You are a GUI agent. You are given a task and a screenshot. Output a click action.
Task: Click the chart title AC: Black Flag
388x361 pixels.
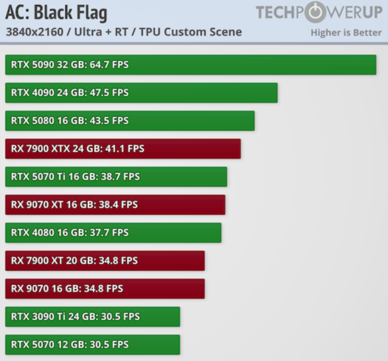pos(56,13)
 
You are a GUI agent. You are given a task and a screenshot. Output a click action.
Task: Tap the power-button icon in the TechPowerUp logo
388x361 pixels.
pos(315,12)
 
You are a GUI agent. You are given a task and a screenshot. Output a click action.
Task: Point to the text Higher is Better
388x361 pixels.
pos(346,33)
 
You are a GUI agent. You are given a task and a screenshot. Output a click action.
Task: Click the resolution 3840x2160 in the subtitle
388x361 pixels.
pos(35,32)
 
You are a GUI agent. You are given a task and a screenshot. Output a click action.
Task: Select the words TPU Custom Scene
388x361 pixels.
pos(190,32)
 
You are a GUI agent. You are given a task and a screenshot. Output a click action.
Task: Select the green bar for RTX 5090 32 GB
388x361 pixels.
pos(191,64)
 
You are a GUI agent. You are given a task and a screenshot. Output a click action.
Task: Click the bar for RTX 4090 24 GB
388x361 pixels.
pos(141,93)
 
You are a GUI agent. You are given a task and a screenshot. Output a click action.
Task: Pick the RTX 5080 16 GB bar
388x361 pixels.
pos(130,121)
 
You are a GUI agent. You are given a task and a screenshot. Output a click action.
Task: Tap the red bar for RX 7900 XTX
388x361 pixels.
pos(123,149)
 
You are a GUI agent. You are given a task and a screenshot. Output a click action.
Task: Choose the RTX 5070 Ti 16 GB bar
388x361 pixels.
pos(116,177)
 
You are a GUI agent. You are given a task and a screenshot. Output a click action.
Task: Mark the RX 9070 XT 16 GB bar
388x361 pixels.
pos(115,205)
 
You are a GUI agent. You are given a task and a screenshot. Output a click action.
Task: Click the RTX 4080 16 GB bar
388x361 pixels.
pos(113,232)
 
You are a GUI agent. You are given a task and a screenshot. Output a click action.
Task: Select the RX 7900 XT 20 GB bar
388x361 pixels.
pos(105,261)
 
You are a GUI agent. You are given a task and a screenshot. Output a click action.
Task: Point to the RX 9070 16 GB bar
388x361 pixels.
pos(105,289)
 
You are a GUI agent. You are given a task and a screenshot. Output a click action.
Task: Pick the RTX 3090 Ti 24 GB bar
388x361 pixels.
pos(92,317)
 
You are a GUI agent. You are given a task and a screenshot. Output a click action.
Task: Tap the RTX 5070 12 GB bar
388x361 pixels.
pos(92,345)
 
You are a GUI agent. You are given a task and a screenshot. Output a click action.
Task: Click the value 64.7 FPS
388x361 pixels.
pos(109,64)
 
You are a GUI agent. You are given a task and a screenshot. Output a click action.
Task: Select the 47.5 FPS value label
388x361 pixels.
pos(109,93)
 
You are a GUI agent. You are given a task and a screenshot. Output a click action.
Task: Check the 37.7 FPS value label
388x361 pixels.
pos(109,232)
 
